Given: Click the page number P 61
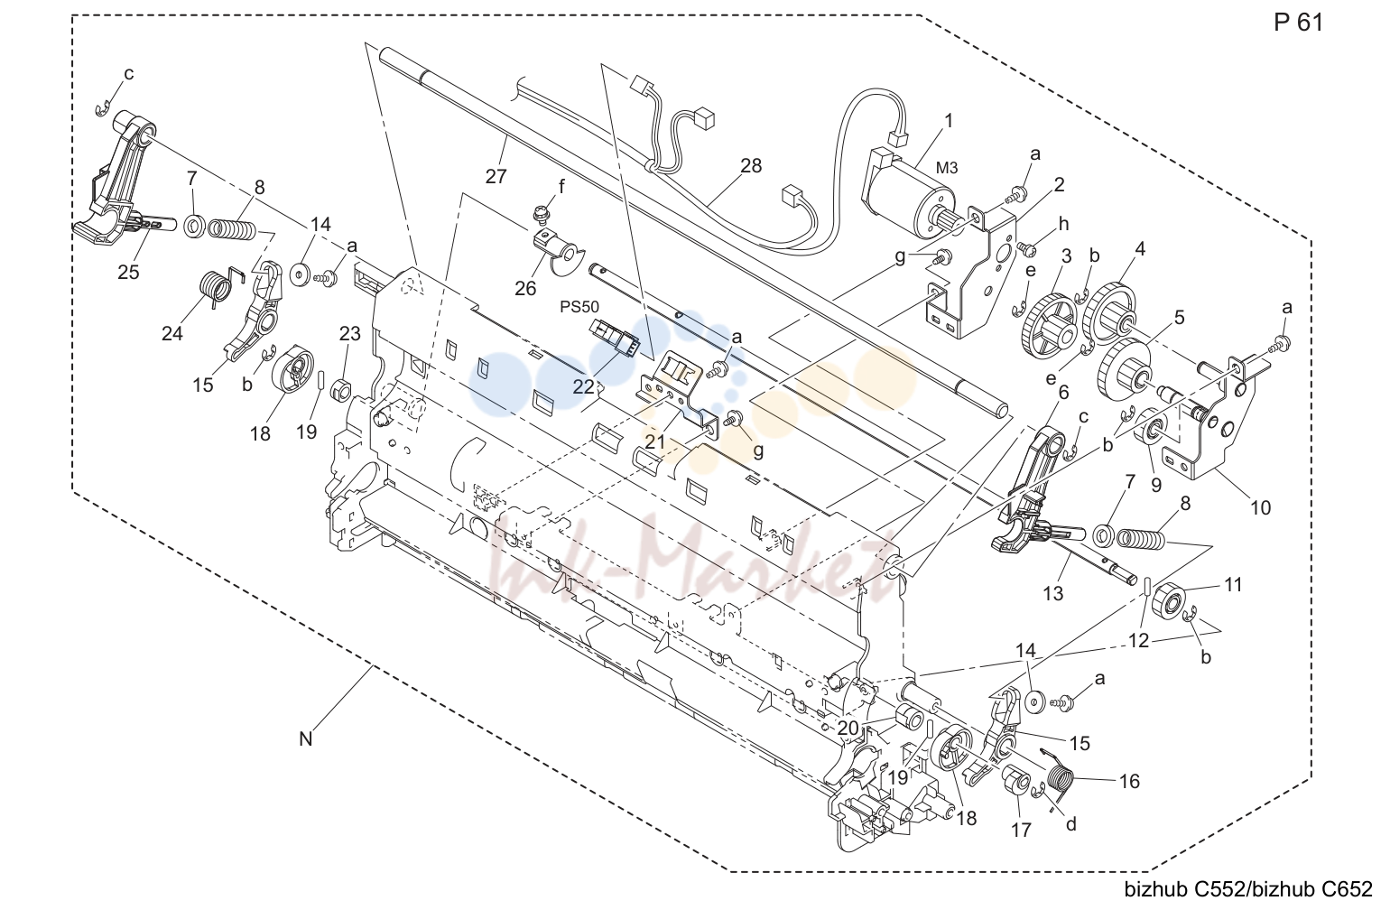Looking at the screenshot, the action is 1299,23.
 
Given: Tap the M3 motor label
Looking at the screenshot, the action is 947,168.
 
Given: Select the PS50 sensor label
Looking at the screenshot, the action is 579,307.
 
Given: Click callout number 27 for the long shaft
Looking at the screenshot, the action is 496,177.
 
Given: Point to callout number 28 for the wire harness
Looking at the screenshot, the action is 751,166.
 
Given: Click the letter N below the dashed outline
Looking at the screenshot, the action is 306,739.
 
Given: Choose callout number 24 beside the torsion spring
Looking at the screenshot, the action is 171,333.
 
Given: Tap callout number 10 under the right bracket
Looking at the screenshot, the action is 1260,507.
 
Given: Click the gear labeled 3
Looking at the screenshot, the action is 1047,320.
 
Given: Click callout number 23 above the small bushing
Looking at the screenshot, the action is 350,334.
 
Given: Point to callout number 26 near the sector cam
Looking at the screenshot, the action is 525,288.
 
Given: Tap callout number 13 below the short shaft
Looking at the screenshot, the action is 1053,593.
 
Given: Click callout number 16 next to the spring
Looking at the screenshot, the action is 1129,782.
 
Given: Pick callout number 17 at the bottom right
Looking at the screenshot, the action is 1022,830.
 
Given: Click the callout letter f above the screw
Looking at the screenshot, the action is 562,186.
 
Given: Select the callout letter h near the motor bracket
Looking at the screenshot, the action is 1064,224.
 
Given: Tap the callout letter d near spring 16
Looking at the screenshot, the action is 1071,823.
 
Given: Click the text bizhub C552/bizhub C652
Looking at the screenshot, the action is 1248,890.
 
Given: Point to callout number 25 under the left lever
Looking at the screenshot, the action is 128,272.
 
